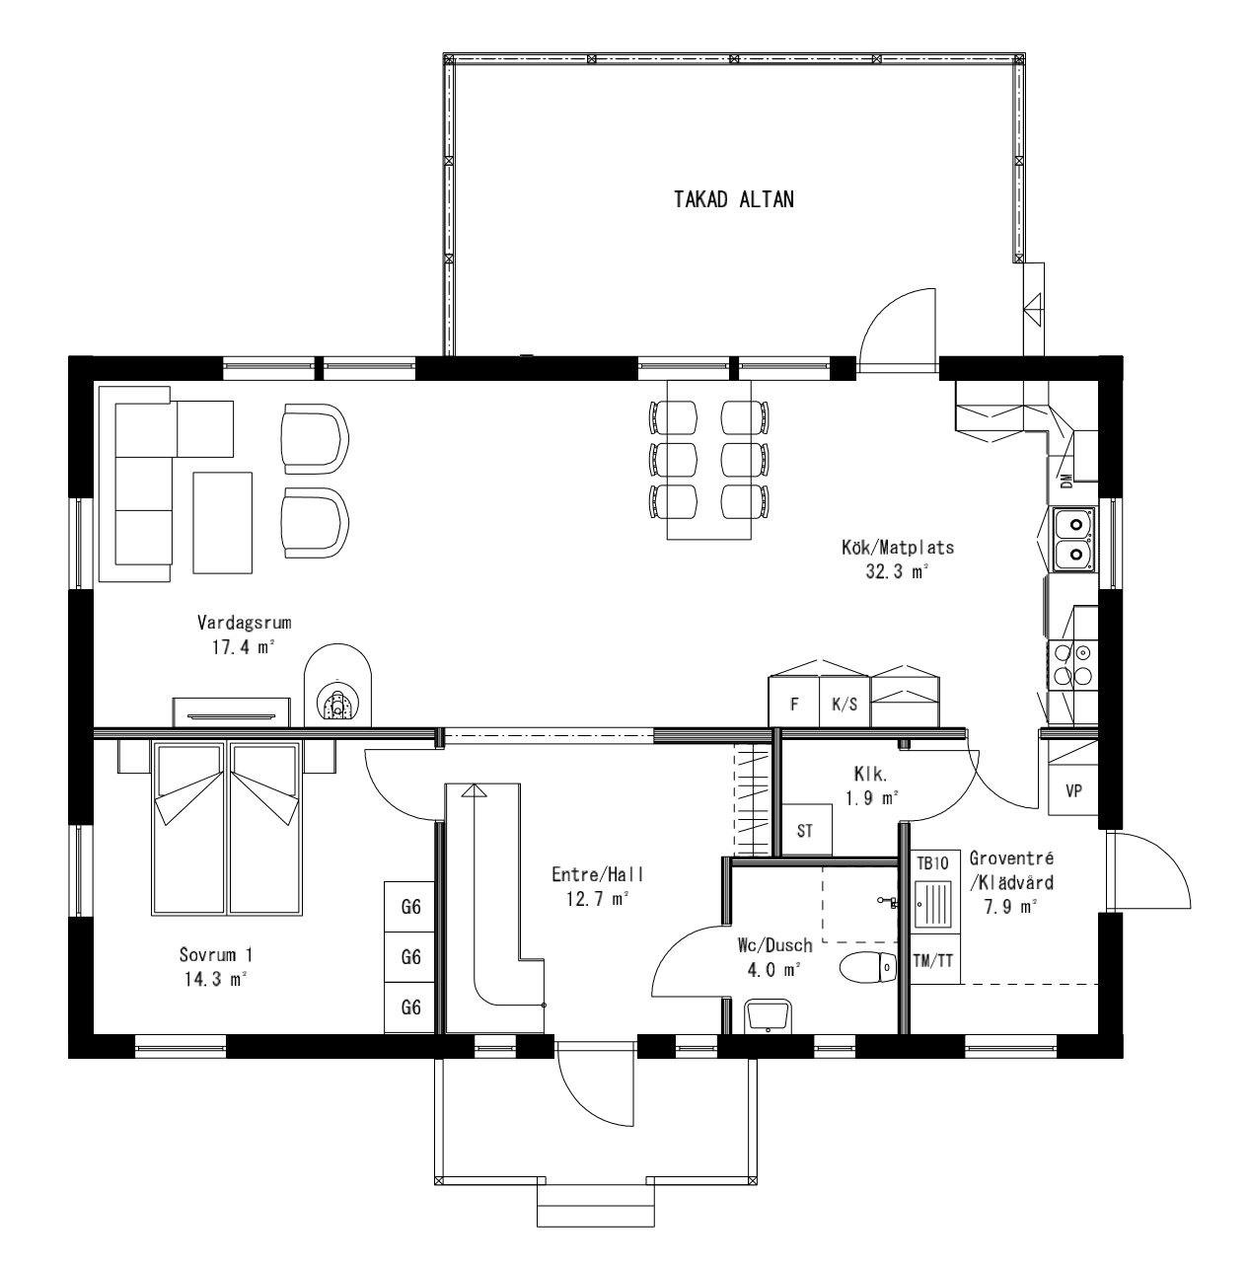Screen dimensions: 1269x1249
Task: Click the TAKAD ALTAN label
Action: [733, 200]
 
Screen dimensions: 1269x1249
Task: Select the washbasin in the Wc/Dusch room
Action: [769, 1015]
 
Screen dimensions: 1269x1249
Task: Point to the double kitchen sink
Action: [1072, 539]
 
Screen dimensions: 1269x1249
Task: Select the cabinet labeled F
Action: [793, 704]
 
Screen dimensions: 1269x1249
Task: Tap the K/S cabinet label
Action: [845, 705]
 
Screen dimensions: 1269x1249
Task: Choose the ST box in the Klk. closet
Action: [807, 830]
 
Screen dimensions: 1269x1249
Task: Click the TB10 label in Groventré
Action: [932, 862]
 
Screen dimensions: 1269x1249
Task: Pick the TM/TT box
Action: [932, 960]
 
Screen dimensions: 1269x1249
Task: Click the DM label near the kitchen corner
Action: [1065, 481]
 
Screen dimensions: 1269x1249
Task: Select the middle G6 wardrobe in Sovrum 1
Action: [410, 957]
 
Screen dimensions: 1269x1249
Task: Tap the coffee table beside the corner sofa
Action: [223, 522]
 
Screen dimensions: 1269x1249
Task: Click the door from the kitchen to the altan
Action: [896, 331]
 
